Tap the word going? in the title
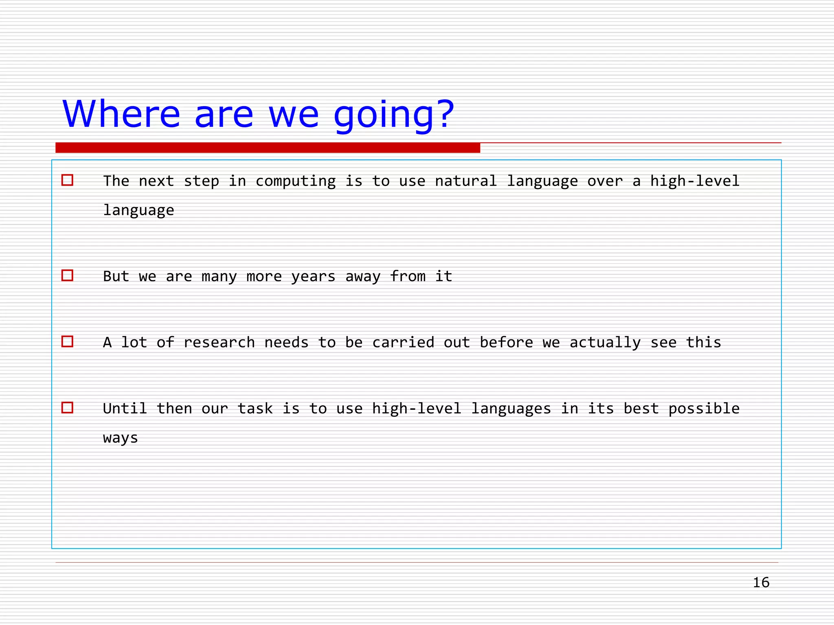point(393,115)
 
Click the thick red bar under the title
point(268,148)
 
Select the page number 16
point(761,582)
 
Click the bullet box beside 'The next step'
point(67,180)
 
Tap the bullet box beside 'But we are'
point(67,275)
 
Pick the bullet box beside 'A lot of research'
point(67,341)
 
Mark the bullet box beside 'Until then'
point(67,408)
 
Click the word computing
point(296,181)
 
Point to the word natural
point(466,181)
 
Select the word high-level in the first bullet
point(695,181)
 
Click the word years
point(313,277)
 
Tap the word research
point(219,343)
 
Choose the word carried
point(403,343)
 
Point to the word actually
point(605,343)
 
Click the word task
point(255,409)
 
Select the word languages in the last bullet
point(511,409)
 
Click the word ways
point(121,438)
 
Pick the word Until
point(125,409)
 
